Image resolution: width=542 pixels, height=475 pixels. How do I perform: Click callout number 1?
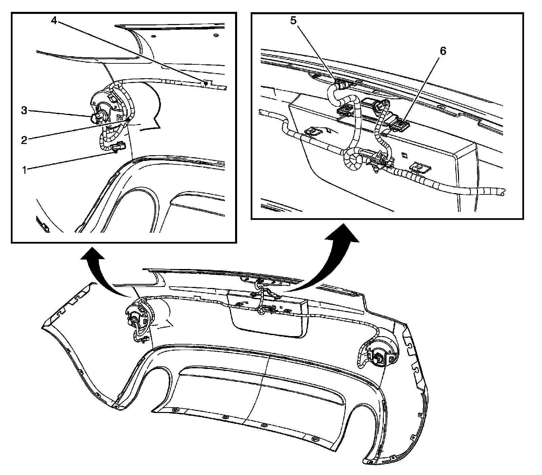click(24, 170)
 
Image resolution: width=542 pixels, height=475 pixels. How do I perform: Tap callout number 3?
click(24, 111)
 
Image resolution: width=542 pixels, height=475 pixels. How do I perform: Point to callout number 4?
click(54, 20)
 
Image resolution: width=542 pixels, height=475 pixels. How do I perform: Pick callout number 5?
click(293, 20)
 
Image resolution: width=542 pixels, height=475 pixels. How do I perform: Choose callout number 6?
click(443, 51)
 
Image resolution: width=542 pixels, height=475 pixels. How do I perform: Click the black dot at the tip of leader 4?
click(206, 83)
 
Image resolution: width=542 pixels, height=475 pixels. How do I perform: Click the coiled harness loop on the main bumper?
click(261, 310)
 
